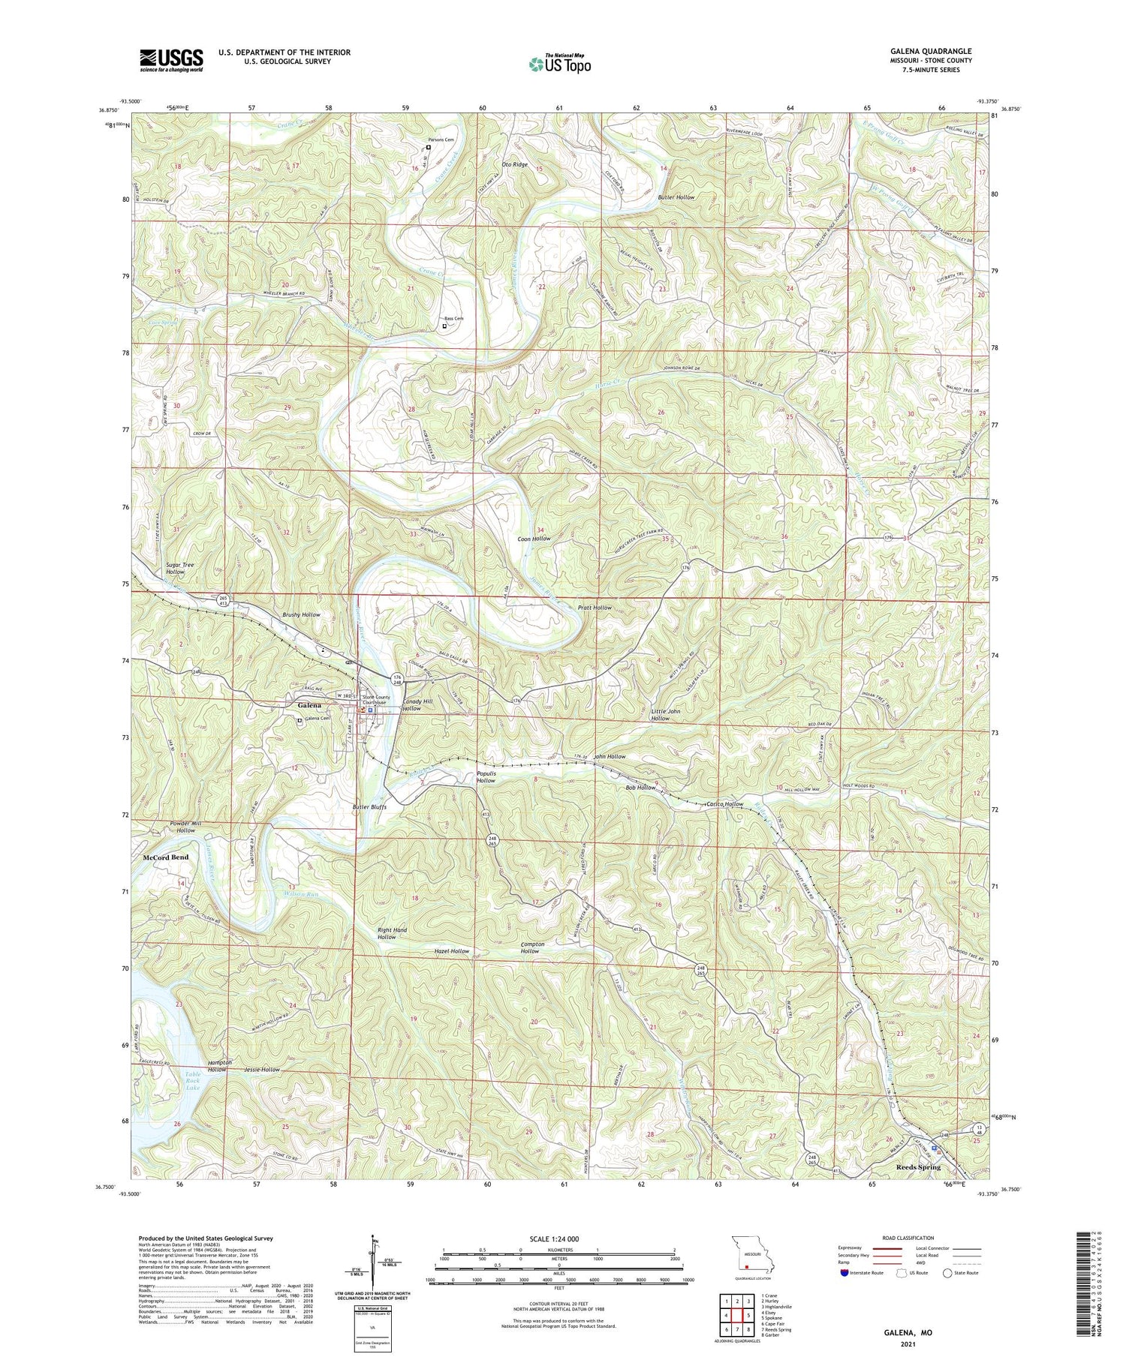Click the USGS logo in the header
click(170, 60)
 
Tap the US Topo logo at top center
click(559, 64)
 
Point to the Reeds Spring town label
click(918, 1167)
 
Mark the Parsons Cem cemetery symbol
click(429, 148)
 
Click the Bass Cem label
click(453, 319)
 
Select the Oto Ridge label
click(514, 164)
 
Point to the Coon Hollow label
click(534, 539)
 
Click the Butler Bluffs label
click(369, 807)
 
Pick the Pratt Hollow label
click(595, 608)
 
